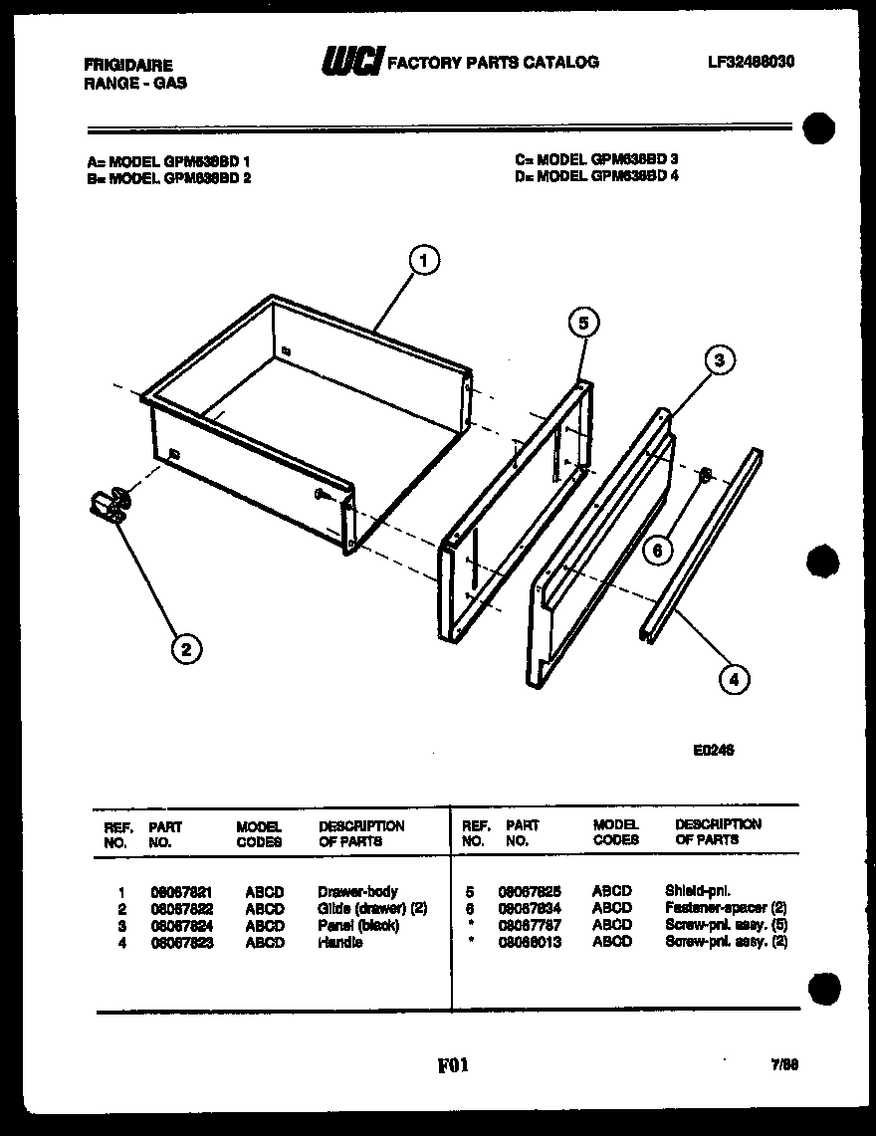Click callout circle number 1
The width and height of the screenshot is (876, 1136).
(x=424, y=261)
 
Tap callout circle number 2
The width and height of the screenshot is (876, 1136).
(x=185, y=649)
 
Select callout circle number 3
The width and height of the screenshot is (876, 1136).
(x=720, y=361)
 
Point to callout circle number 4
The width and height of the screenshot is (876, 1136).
(x=734, y=680)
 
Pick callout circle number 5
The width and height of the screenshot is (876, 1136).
(x=584, y=322)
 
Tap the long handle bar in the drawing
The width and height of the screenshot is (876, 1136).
(x=702, y=545)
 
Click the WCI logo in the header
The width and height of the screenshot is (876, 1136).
(x=351, y=63)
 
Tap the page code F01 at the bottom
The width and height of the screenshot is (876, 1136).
(x=452, y=1065)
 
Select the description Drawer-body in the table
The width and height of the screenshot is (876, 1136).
(x=357, y=892)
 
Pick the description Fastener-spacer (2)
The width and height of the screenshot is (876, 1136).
(x=726, y=908)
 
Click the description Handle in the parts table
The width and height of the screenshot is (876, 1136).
(x=339, y=942)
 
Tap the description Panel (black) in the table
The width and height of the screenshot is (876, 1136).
(x=358, y=925)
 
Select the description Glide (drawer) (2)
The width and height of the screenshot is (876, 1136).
(x=372, y=908)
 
